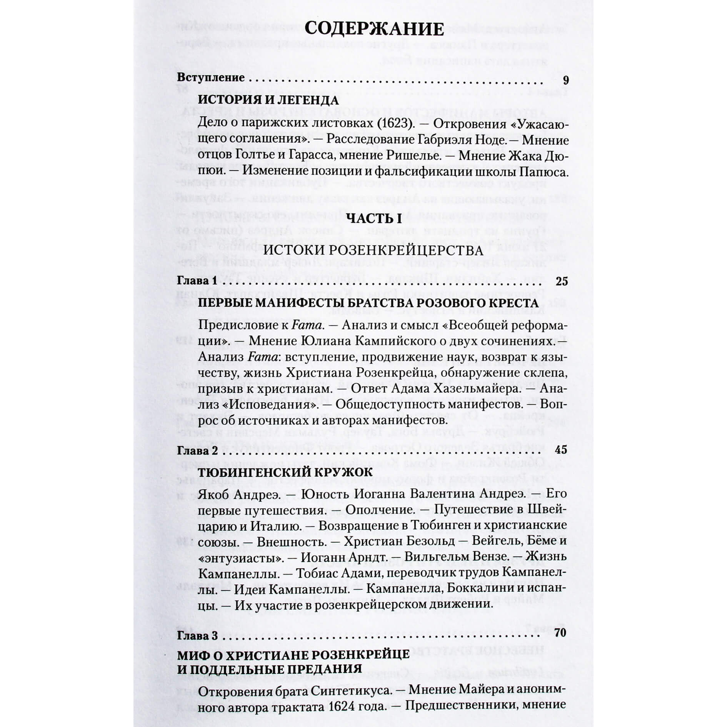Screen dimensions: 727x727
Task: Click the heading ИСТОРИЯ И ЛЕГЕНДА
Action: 268,100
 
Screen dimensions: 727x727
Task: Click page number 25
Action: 562,281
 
